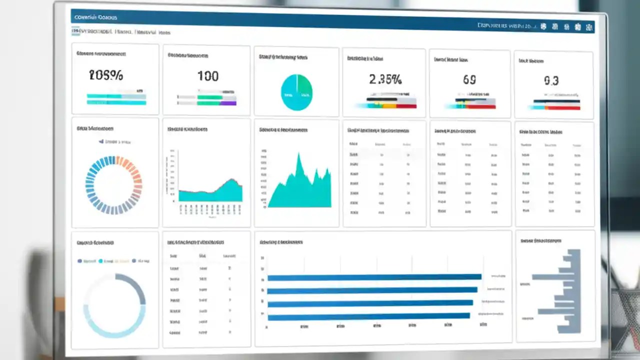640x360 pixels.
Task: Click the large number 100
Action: coord(207,76)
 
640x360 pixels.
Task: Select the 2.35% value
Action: coord(385,79)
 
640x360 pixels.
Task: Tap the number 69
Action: coord(469,79)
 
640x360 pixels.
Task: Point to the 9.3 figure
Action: coord(551,80)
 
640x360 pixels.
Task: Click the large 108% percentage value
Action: coord(105,75)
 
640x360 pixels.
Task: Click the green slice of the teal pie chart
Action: coord(303,87)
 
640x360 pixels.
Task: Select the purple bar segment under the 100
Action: coord(228,103)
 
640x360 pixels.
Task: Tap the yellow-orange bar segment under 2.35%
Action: coord(389,105)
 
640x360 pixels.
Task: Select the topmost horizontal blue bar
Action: coord(374,277)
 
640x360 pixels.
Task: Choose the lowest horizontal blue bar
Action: coord(368,316)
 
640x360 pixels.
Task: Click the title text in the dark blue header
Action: coord(95,17)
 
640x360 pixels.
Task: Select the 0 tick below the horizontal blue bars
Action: coord(267,327)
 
